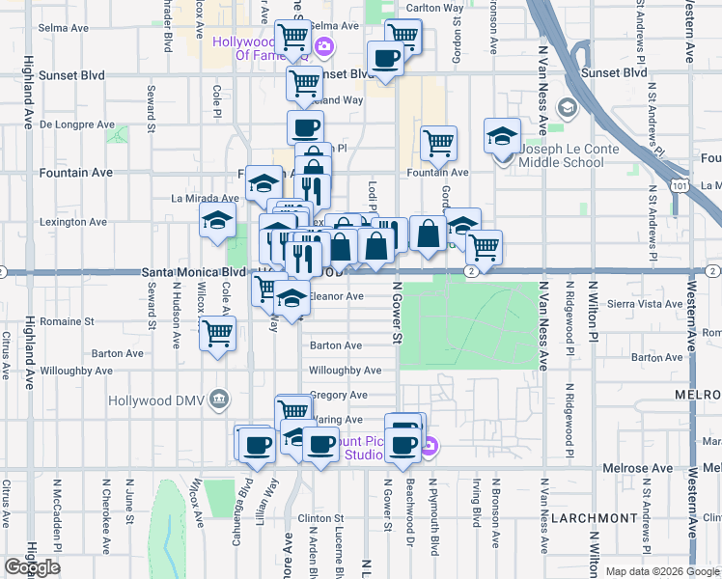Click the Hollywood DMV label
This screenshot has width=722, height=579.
(172, 400)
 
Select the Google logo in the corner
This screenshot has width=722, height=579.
(32, 567)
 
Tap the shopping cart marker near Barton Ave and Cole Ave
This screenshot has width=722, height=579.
(218, 334)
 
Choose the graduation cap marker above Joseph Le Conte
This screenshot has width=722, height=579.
(502, 135)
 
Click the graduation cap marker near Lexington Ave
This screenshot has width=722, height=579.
(218, 221)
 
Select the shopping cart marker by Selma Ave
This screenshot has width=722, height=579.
(293, 38)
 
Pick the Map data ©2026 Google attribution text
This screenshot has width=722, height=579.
(662, 571)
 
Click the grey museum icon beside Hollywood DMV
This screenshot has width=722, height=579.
(221, 400)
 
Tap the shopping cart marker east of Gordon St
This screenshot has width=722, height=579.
(483, 247)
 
